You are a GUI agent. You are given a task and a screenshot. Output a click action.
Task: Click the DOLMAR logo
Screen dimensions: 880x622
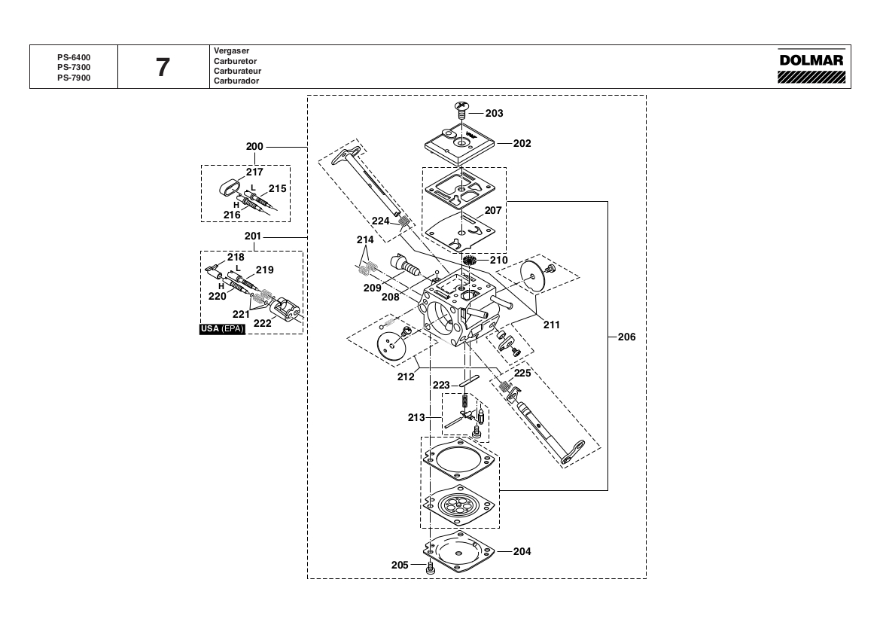pyautogui.click(x=811, y=66)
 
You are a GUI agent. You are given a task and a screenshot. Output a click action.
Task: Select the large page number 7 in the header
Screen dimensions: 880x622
pyautogui.click(x=163, y=67)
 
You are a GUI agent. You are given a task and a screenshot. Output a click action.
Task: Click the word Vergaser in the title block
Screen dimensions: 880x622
pyautogui.click(x=231, y=50)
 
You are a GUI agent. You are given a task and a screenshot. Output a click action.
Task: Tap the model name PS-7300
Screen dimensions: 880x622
pyautogui.click(x=74, y=67)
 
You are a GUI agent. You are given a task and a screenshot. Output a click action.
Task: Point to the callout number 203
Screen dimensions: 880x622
pyautogui.click(x=495, y=114)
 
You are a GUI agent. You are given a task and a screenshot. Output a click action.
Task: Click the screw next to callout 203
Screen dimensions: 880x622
pyautogui.click(x=462, y=109)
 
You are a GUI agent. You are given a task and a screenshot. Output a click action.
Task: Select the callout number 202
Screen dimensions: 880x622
pyautogui.click(x=522, y=144)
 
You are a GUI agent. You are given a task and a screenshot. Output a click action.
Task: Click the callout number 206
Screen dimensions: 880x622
pyautogui.click(x=627, y=337)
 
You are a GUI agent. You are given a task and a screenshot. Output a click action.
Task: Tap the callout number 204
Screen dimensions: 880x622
pyautogui.click(x=522, y=551)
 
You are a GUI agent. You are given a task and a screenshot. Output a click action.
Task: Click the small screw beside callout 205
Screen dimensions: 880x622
pyautogui.click(x=431, y=568)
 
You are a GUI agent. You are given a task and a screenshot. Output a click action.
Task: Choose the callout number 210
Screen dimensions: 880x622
pyautogui.click(x=498, y=260)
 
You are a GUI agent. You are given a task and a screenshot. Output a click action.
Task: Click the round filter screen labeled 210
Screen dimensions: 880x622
pyautogui.click(x=470, y=261)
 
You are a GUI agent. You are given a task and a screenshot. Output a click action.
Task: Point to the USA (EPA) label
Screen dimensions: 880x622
pyautogui.click(x=222, y=329)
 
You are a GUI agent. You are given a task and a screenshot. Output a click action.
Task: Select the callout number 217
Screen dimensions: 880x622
pyautogui.click(x=254, y=172)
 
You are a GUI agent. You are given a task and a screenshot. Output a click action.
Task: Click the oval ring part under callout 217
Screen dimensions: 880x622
pyautogui.click(x=229, y=187)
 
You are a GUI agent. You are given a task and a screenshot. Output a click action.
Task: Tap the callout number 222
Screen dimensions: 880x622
pyautogui.click(x=262, y=323)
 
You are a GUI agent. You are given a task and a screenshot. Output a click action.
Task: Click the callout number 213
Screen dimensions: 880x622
pyautogui.click(x=416, y=418)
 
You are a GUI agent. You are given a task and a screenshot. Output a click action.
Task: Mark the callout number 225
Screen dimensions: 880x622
pyautogui.click(x=522, y=374)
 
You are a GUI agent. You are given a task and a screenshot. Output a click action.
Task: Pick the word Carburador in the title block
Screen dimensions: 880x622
pyautogui.click(x=236, y=81)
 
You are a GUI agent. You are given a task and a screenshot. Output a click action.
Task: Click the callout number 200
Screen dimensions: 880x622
pyautogui.click(x=254, y=147)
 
